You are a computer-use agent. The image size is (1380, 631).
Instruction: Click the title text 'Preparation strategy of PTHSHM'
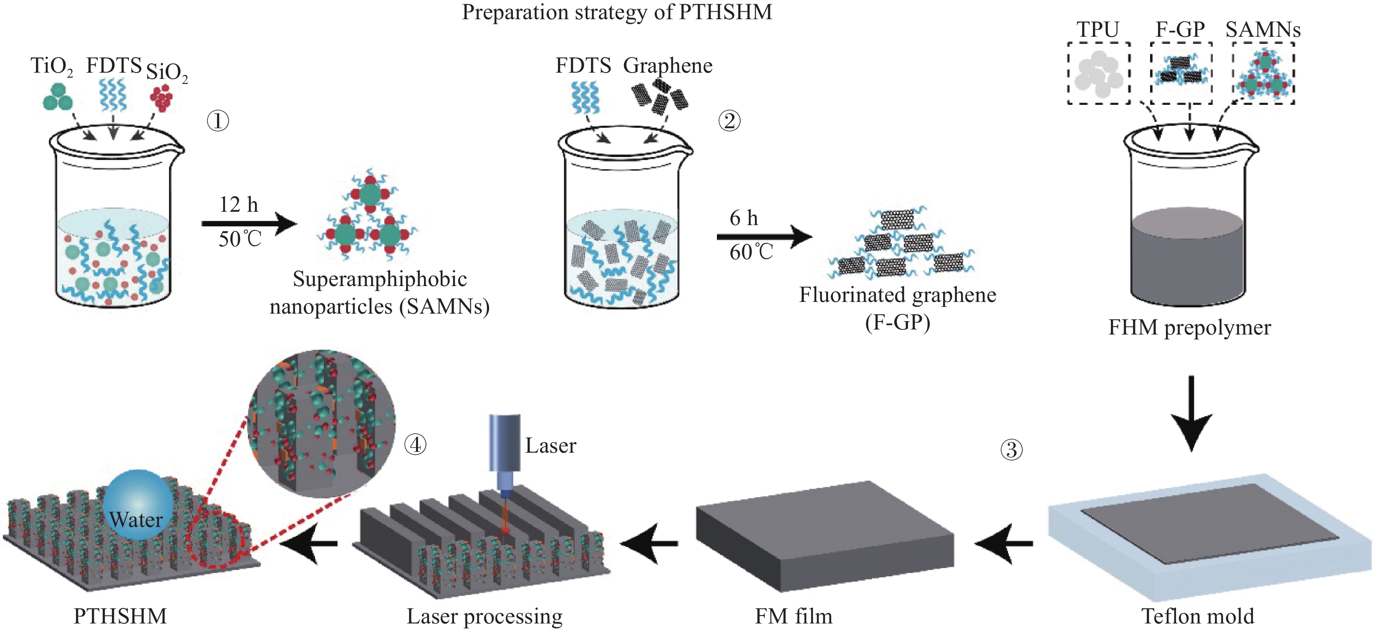617,12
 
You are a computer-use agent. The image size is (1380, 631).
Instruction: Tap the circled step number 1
217,121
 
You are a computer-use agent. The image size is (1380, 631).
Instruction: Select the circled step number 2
729,121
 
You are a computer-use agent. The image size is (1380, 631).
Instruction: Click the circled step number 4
415,444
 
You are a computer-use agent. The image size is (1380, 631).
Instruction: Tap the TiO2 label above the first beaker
51,66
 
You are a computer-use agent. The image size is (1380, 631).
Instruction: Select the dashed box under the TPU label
1098,73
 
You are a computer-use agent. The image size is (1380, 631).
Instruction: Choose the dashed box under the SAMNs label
1264,73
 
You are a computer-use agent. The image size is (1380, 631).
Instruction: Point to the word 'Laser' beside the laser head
550,446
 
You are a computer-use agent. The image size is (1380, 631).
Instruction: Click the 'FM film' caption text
793,616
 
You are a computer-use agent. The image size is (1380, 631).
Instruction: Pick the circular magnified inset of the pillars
321,423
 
